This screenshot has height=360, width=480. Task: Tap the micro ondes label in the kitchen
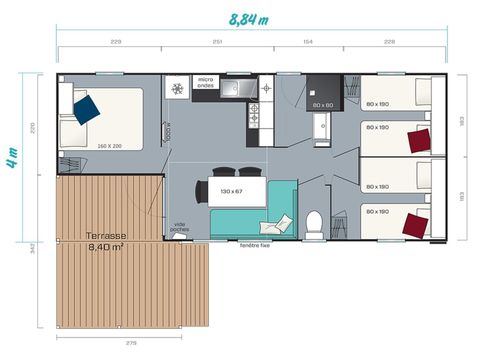point(205,82)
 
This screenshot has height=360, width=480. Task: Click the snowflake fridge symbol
point(178,88)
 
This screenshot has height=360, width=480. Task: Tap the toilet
point(313,223)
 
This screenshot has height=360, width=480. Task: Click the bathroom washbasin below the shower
point(322,128)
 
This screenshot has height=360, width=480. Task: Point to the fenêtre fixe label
point(257,244)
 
